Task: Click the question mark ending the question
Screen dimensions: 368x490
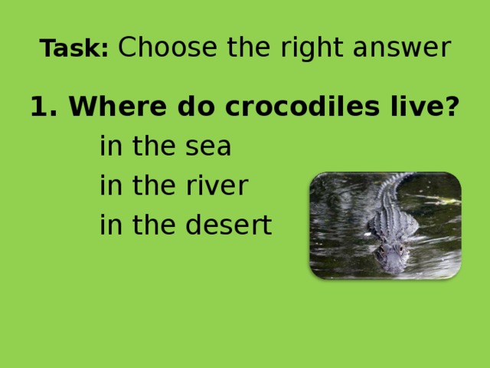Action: [452, 107]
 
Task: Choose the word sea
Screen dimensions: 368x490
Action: [207, 147]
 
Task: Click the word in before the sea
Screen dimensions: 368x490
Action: [109, 147]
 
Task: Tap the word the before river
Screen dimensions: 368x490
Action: [152, 186]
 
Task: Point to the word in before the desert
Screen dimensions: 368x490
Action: [109, 225]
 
